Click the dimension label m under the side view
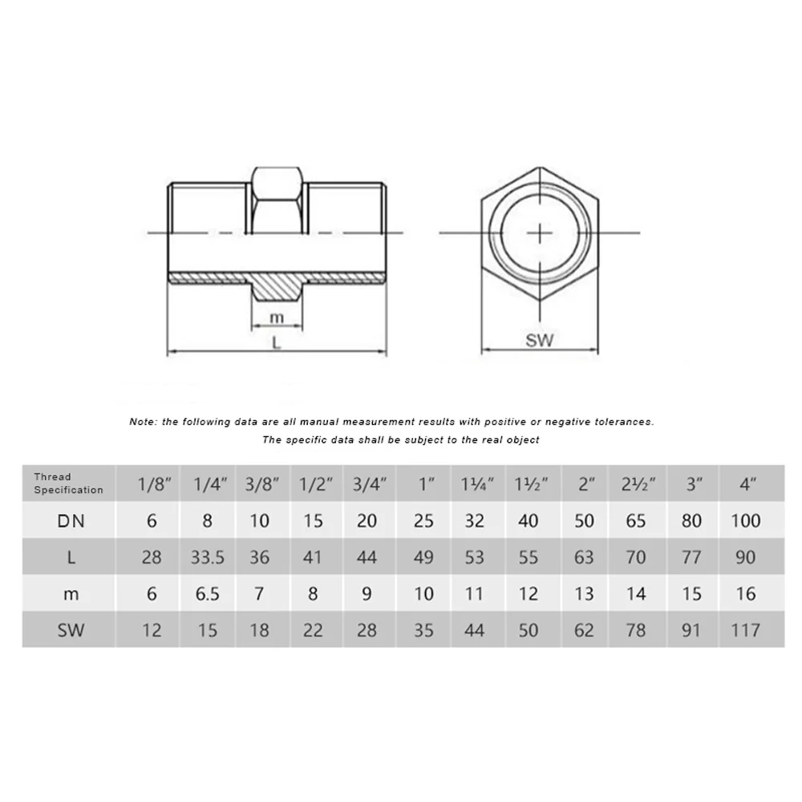(x=277, y=317)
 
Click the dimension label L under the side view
(x=277, y=342)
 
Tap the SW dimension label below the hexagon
(x=540, y=340)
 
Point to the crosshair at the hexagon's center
(x=541, y=233)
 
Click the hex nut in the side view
(x=277, y=196)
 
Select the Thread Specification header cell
(x=68, y=483)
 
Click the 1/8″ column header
(x=152, y=484)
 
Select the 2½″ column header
(x=635, y=484)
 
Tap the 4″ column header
(x=745, y=484)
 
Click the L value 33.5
(x=207, y=557)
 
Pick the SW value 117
(x=745, y=630)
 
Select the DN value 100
(x=745, y=520)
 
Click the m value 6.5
(x=207, y=593)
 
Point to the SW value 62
(x=585, y=630)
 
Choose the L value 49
(x=423, y=557)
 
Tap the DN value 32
(x=475, y=520)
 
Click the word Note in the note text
(x=142, y=421)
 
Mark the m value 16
(x=745, y=593)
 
